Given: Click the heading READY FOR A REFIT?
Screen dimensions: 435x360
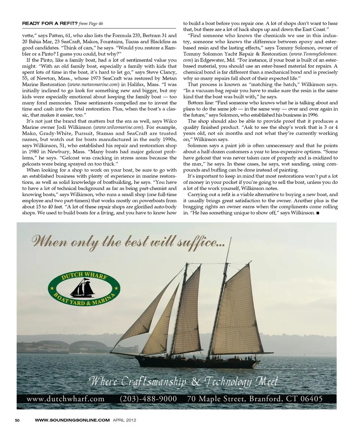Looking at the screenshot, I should [x=50, y=24].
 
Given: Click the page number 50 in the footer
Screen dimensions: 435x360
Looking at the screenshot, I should [x=17, y=420].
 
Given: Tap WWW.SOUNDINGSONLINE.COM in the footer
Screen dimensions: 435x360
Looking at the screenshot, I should [x=72, y=420].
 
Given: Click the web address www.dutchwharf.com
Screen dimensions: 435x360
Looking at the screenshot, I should [x=66, y=399].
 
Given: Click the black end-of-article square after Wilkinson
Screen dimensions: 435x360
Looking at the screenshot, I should [x=318, y=213].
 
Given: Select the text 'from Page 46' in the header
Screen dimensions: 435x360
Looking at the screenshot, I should [x=91, y=24].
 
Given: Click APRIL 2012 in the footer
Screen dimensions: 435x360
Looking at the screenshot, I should [x=124, y=420].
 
